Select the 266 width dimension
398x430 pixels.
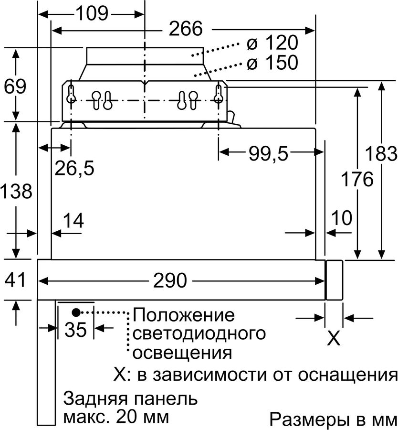(185, 30)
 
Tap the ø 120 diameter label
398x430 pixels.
(272, 43)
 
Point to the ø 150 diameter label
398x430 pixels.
(272, 63)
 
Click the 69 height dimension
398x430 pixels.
(15, 87)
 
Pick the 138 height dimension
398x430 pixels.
(16, 192)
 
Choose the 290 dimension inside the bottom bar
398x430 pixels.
(170, 281)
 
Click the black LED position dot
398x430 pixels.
(76, 312)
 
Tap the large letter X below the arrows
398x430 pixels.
(334, 338)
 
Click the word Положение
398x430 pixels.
(184, 315)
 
